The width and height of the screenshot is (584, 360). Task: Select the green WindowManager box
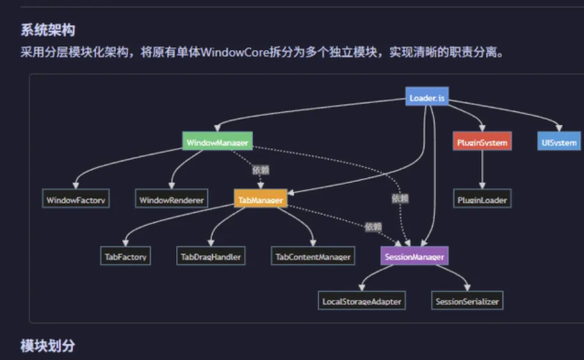(x=216, y=142)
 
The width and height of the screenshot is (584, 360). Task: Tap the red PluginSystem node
(x=482, y=142)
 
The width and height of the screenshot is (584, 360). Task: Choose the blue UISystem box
(x=560, y=142)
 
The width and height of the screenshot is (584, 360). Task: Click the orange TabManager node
(x=260, y=199)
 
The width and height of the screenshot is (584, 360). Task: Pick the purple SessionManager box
(x=414, y=256)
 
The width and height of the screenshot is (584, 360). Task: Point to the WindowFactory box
(x=76, y=200)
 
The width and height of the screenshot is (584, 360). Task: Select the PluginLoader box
(x=482, y=200)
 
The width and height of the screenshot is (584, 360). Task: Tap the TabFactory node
(x=126, y=256)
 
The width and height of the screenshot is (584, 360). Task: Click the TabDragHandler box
(x=210, y=256)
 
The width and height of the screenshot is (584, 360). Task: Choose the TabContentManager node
(x=313, y=256)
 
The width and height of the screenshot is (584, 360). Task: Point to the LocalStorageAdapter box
(x=361, y=301)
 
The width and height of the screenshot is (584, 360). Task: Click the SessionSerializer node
(x=467, y=301)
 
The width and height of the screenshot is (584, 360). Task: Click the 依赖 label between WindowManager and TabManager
(x=260, y=170)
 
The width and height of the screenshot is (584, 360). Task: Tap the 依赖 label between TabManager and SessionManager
(x=373, y=227)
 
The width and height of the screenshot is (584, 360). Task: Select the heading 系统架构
(x=48, y=30)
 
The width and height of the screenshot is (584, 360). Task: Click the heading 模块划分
(x=48, y=345)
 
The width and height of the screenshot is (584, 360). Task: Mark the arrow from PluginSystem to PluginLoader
(x=482, y=171)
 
